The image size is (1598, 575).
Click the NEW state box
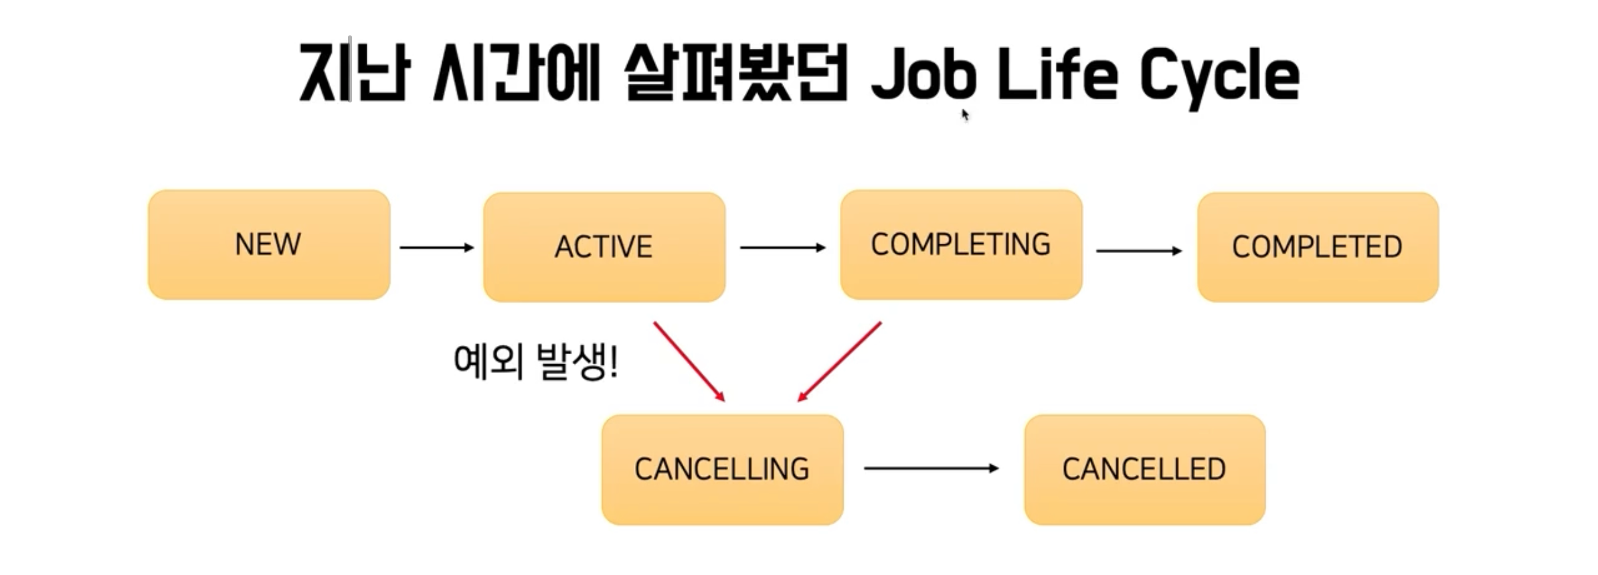[268, 245]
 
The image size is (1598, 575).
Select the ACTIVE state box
[604, 247]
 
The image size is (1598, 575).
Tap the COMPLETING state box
[961, 245]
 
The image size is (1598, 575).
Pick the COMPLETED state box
[1317, 247]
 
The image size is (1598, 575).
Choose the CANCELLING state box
[722, 469]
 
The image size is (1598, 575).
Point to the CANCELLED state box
[1144, 469]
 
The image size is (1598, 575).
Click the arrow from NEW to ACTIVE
[436, 248]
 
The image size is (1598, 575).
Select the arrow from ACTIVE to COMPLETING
[782, 248]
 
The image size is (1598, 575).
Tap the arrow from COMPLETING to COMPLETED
[1139, 251]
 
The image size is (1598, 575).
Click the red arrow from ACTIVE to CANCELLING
[689, 361]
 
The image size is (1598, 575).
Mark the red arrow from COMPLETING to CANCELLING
[839, 361]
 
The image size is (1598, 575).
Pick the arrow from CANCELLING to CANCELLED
[931, 469]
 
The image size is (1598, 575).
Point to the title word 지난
[353, 72]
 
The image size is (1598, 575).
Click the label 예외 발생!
[535, 361]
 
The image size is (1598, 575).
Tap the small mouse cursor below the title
[965, 115]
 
